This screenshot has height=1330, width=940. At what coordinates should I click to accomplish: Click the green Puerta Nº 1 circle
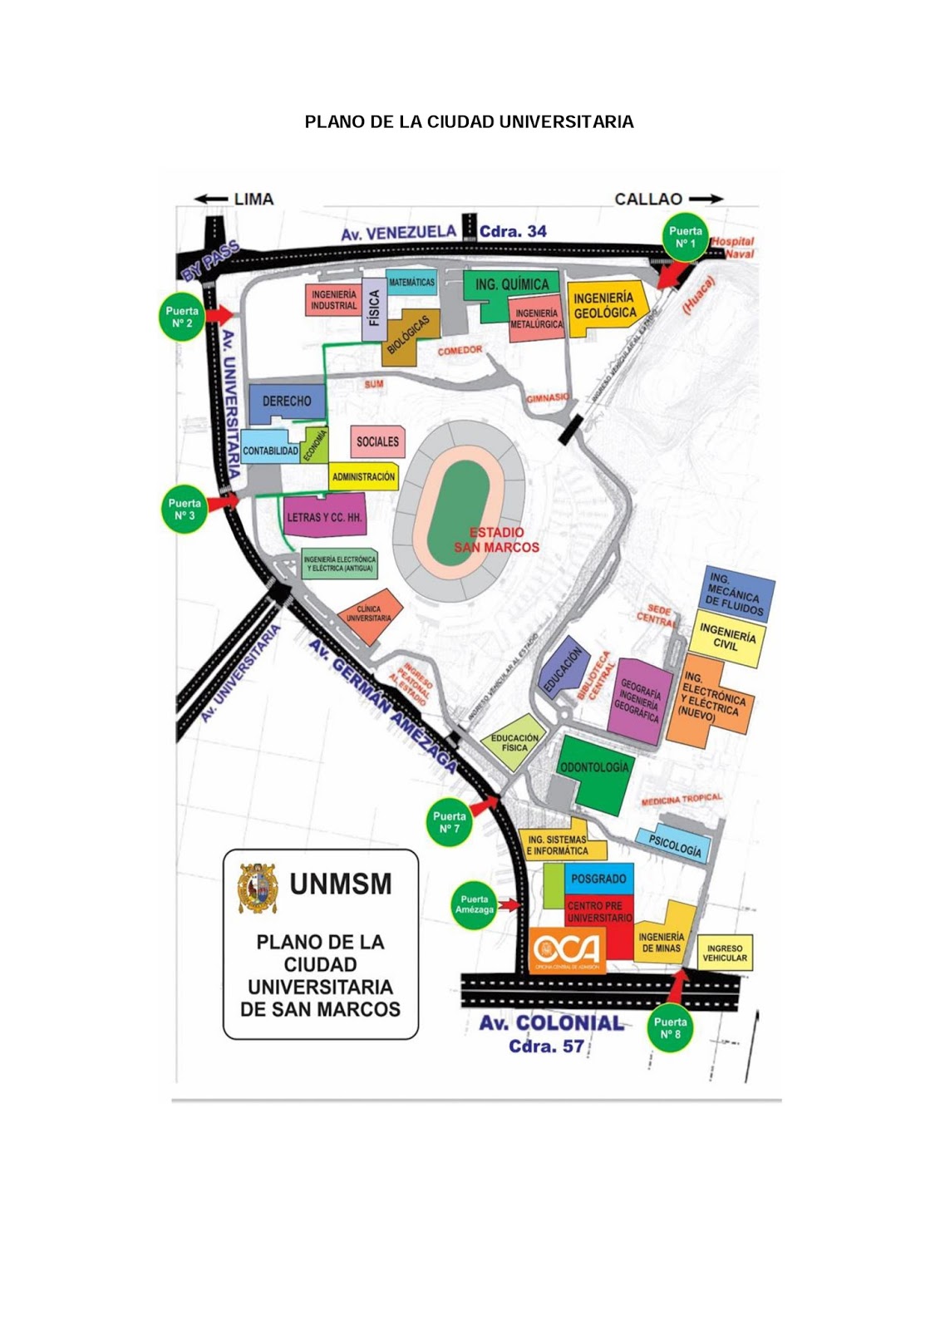(685, 237)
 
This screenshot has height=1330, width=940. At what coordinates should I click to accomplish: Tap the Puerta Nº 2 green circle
(182, 317)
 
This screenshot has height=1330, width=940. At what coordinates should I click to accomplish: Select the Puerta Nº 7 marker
(449, 822)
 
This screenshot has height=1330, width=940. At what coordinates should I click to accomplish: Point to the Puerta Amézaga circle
(475, 904)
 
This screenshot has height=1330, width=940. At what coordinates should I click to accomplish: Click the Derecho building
(286, 401)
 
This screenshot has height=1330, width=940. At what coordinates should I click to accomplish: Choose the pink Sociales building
(378, 441)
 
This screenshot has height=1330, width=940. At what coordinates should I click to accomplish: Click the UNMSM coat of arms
(258, 889)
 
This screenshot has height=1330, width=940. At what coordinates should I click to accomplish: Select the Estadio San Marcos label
(496, 539)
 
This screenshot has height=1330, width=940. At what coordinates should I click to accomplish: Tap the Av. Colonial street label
(551, 1023)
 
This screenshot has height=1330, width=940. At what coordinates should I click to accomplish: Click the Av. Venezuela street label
(398, 233)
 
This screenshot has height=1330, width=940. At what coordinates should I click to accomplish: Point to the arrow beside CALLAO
(706, 199)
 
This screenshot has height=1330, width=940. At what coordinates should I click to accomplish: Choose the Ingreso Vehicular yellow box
(725, 953)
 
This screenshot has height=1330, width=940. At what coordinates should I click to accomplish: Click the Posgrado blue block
(598, 879)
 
